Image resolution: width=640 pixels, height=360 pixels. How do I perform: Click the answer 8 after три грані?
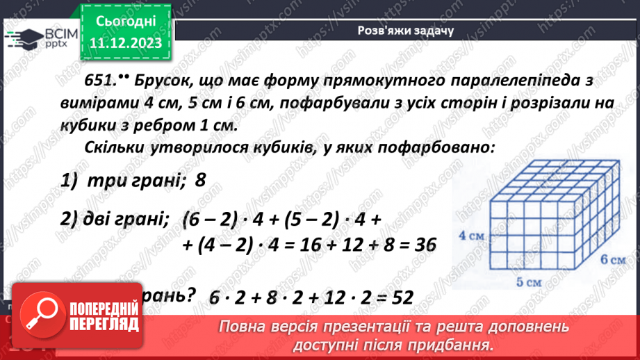point(201,181)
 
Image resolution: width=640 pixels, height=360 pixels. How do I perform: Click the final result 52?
point(398,298)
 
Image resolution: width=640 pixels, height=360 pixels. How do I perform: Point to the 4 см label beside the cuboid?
point(472,235)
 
